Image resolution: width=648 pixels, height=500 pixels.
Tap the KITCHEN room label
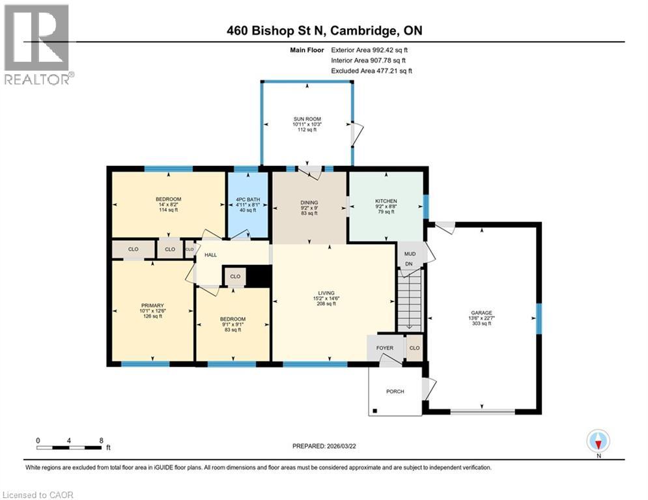click(386, 201)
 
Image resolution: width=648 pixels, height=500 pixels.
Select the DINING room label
click(309, 201)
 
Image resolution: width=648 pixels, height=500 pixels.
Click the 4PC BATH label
click(248, 198)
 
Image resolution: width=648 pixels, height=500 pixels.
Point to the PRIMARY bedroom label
click(152, 305)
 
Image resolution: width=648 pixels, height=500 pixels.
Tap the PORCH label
click(395, 391)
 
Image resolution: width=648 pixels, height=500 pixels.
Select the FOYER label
click(385, 348)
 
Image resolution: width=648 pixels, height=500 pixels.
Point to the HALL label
click(210, 255)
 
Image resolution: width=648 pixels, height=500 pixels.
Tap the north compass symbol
click(597, 441)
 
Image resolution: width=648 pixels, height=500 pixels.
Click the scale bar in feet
click(70, 447)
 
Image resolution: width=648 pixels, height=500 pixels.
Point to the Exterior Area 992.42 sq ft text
click(369, 49)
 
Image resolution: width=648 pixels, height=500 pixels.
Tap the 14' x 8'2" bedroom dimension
click(168, 205)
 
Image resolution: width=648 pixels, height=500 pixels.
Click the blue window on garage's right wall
click(539, 318)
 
